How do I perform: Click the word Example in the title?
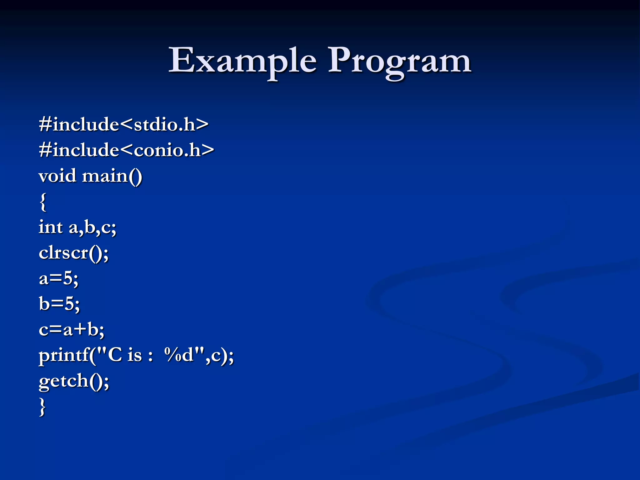click(242, 61)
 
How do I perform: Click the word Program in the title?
click(399, 61)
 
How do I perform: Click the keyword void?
click(57, 176)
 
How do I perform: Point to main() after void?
click(112, 176)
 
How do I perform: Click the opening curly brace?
click(43, 202)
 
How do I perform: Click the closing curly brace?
click(43, 407)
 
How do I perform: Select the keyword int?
click(51, 227)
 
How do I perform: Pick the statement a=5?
click(58, 278)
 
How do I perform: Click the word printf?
click(64, 356)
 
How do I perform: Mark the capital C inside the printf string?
click(114, 355)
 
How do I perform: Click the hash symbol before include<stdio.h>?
click(45, 125)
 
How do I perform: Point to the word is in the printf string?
click(135, 355)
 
